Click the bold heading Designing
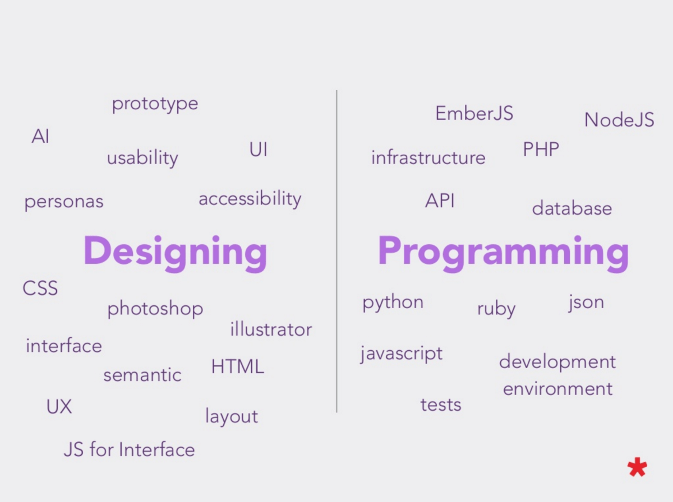pos(175,253)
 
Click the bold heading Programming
pos(504,253)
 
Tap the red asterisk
pos(637,467)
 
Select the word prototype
pos(155,104)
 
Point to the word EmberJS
pos(474,113)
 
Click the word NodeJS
pos(619,120)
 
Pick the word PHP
pos(541,149)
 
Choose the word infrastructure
pos(428,157)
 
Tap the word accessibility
pos(250,199)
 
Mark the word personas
pos(64,202)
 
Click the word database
pos(572,208)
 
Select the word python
pos(393,303)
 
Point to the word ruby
pos(496,309)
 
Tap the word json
pos(586,303)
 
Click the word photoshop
pos(155,309)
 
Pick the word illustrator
pos(271,329)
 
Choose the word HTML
pos(238,366)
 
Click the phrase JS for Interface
pos(129,449)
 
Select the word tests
pos(441,405)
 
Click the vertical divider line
pos(336,251)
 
